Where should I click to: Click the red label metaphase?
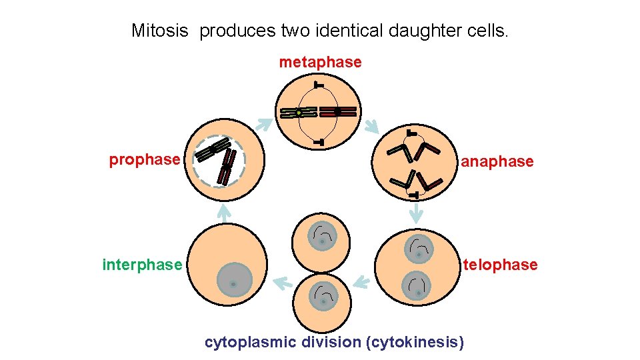point(320,63)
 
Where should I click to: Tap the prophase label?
point(145,160)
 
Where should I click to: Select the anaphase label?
point(497,161)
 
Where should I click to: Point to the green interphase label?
point(142,265)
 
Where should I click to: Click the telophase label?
point(500,265)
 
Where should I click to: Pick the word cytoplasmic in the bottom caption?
point(250,343)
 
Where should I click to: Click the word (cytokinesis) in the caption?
point(415,343)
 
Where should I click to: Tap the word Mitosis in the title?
point(160,31)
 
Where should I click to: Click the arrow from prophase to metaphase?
point(265,124)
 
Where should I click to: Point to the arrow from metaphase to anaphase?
point(371,125)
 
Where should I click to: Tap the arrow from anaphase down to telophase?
point(416,213)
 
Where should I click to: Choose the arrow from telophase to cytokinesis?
point(359,282)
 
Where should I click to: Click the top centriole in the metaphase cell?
point(319,85)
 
